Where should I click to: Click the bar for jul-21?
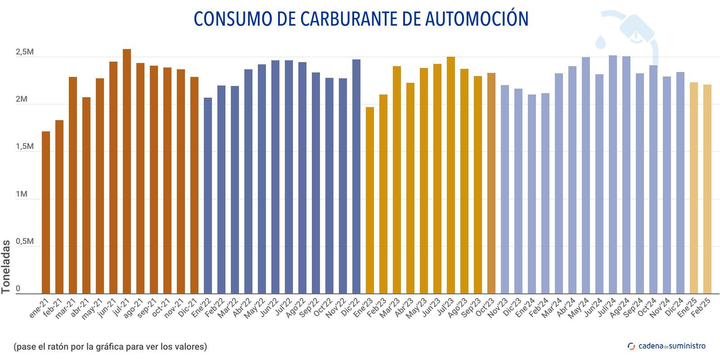click(127, 171)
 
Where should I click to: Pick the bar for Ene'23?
click(370, 200)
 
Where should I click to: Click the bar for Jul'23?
click(451, 175)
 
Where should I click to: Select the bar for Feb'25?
click(707, 189)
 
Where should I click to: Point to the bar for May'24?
click(586, 175)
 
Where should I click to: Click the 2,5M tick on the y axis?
click(25, 52)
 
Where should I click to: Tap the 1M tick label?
click(22, 194)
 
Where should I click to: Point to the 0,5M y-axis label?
click(25, 242)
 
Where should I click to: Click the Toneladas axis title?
click(6, 266)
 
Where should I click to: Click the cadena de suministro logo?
click(666, 346)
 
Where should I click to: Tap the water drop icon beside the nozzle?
click(601, 41)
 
